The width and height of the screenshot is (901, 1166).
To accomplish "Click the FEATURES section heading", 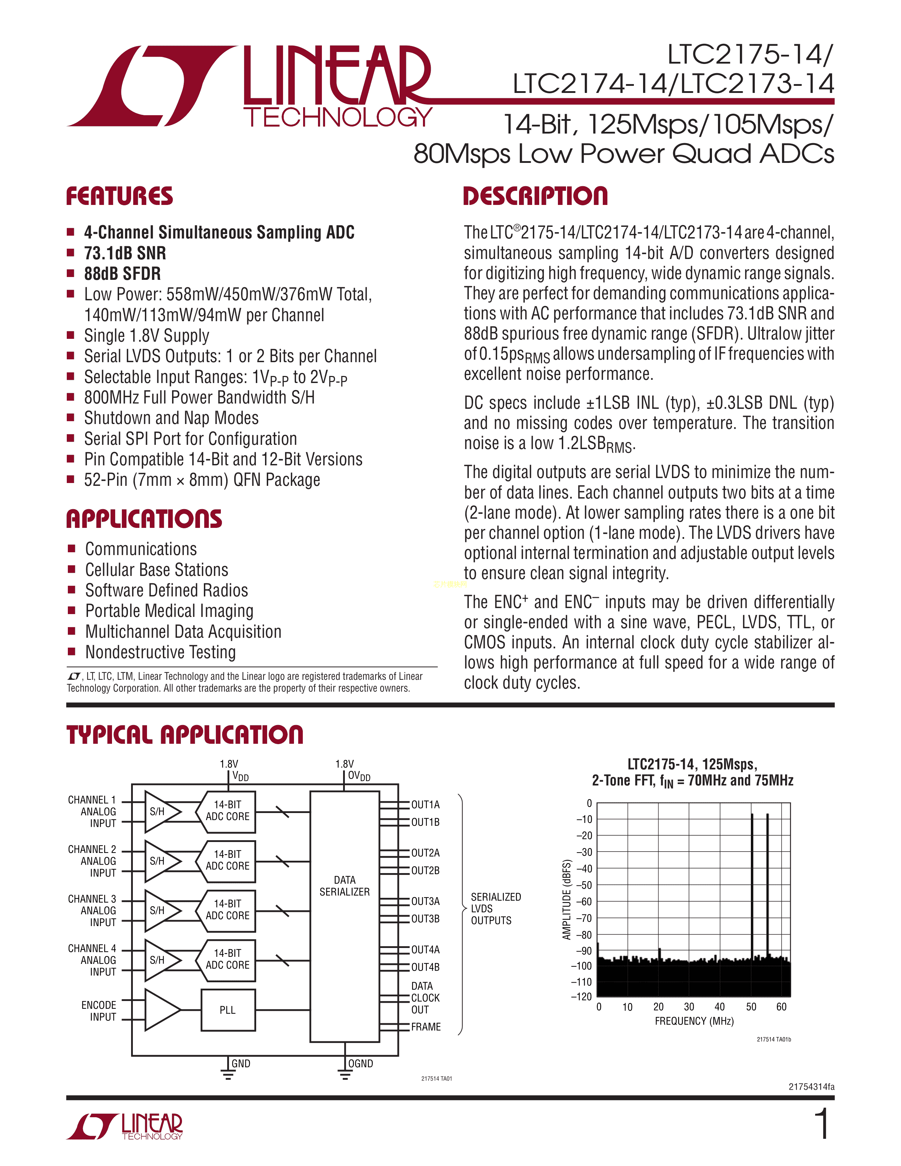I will [119, 196].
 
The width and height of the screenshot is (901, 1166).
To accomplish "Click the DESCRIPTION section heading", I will [535, 196].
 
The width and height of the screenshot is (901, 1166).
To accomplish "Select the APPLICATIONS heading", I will [144, 519].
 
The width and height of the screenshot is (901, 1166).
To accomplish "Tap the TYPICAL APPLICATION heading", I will [185, 735].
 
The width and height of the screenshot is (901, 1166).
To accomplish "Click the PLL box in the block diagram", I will [228, 1009].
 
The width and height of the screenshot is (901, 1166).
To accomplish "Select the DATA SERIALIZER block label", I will [344, 886].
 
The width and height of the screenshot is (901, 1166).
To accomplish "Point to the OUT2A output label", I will [425, 853].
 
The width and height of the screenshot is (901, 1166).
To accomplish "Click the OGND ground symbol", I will [345, 1074].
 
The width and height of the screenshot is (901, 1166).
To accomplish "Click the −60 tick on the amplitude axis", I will [584, 902].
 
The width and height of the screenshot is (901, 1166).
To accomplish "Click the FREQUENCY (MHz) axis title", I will [694, 1021].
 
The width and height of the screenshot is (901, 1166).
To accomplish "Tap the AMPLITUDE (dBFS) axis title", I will [567, 899].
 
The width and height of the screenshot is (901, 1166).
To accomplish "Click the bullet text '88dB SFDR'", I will [122, 273].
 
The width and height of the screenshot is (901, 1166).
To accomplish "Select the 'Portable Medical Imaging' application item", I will [169, 611].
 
